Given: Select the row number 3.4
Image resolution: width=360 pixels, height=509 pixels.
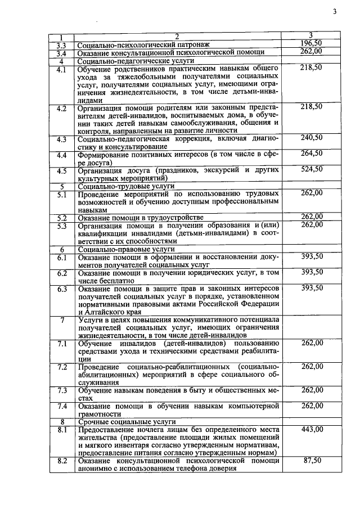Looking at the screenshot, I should pos(62,52).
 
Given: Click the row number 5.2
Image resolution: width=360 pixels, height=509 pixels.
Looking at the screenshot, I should pos(62,217).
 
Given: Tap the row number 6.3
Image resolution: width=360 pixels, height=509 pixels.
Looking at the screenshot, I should pos(62,289).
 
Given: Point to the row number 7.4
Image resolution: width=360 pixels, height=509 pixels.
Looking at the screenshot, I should pos(62,406).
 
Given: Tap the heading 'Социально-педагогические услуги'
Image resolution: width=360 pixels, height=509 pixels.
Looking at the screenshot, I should pos(136,60).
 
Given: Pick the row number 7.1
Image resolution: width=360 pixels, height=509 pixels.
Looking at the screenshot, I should pos(62,343).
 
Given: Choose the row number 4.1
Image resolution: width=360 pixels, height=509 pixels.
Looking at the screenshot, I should pos(62,69).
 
